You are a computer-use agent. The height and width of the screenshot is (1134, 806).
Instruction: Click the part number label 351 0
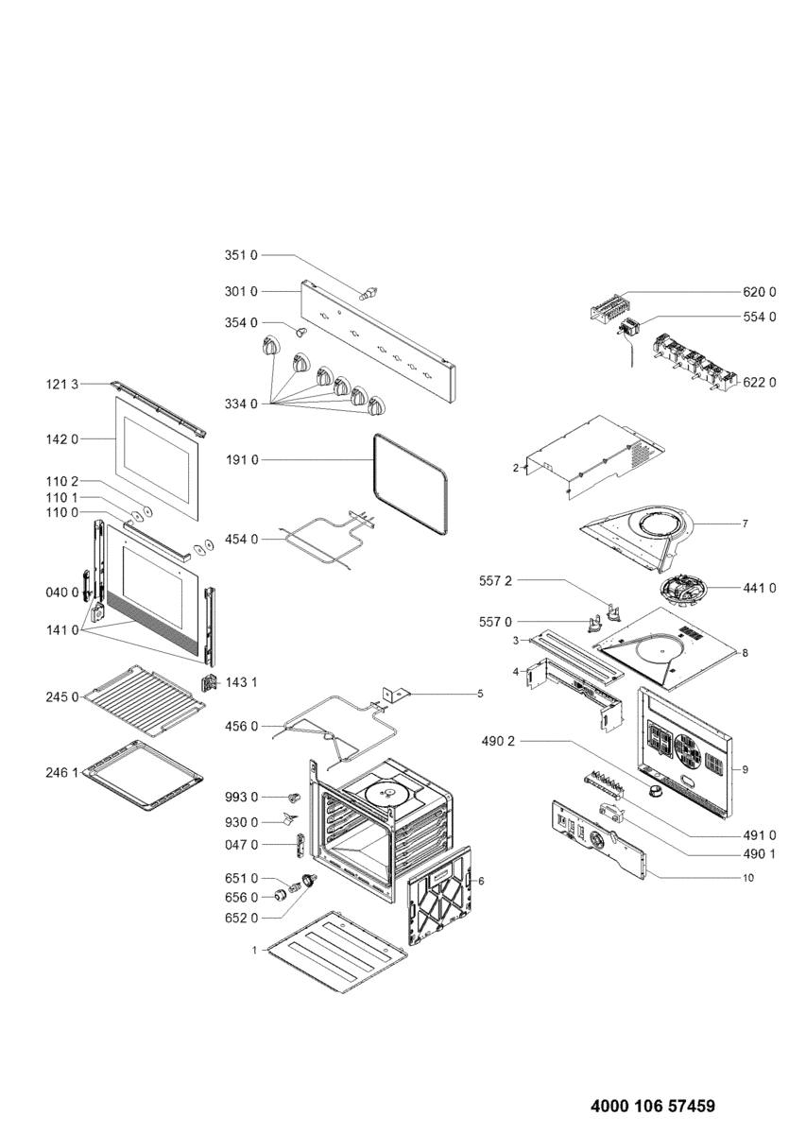pyautogui.click(x=241, y=255)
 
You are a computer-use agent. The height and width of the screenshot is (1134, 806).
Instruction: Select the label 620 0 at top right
pyautogui.click(x=759, y=291)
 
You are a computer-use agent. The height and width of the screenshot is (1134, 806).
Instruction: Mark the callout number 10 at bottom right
pyautogui.click(x=747, y=878)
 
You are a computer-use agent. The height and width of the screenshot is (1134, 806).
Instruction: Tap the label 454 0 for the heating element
pyautogui.click(x=241, y=539)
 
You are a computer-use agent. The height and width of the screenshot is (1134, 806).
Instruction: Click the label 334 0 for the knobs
pyautogui.click(x=241, y=404)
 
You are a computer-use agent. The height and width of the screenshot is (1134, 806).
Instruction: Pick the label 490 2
pyautogui.click(x=497, y=742)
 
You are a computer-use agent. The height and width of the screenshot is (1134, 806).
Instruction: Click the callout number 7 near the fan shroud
pyautogui.click(x=745, y=523)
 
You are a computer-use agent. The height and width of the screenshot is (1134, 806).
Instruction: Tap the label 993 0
pyautogui.click(x=241, y=798)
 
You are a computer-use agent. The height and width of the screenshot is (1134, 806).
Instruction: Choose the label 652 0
pyautogui.click(x=241, y=919)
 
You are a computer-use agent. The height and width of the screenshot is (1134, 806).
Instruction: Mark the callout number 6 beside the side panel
pyautogui.click(x=481, y=881)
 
